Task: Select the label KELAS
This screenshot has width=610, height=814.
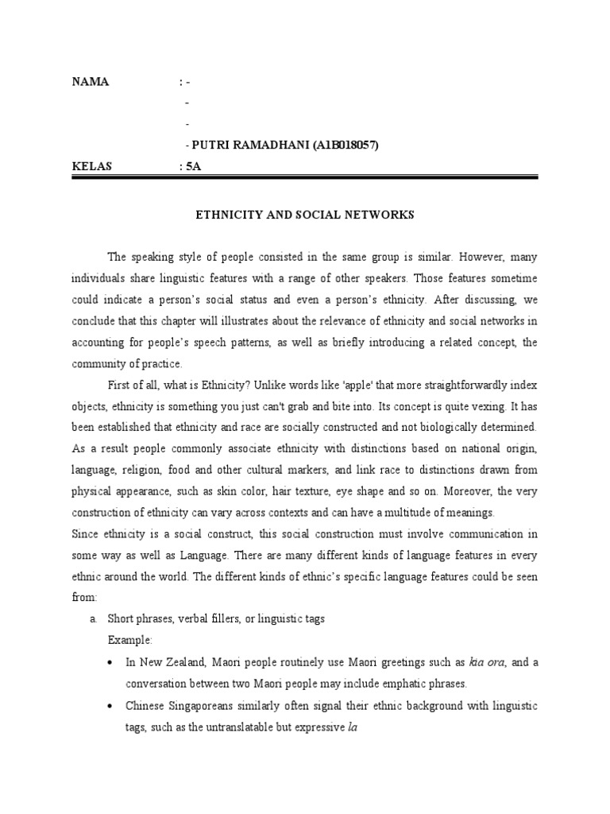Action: (92, 166)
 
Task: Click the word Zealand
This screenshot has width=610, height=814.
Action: (180, 662)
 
